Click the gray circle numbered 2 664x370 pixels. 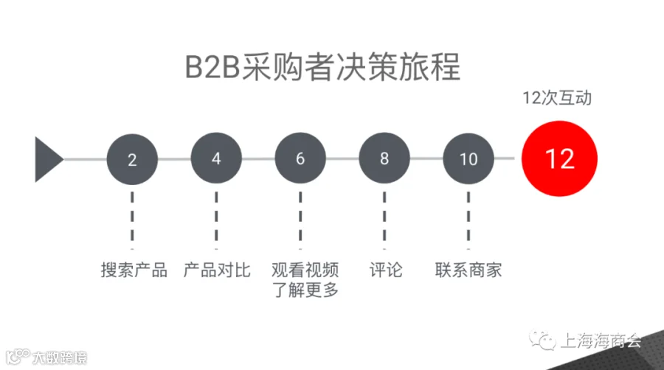point(132,159)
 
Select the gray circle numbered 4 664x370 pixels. point(216,158)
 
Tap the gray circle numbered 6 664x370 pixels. point(300,158)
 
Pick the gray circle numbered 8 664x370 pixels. point(384,158)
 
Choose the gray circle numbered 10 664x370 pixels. point(468,158)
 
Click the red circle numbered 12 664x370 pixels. point(559,158)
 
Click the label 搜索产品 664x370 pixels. point(134,270)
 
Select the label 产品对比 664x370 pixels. point(217,270)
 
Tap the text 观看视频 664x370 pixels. point(305,270)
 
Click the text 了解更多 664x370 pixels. point(305,290)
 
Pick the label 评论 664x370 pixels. point(386,270)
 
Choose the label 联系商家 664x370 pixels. point(468,270)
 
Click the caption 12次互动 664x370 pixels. point(557,98)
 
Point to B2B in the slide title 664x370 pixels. point(212,67)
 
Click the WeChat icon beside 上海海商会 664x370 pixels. point(542,341)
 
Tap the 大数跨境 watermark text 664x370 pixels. point(60,357)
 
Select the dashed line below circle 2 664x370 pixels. point(132,220)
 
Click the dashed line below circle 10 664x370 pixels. point(468,220)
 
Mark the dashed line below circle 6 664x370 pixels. point(300,220)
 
